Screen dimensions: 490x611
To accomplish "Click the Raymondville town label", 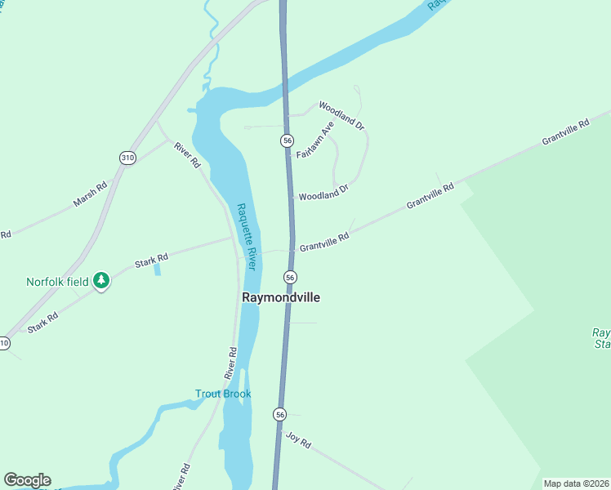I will coord(281,297).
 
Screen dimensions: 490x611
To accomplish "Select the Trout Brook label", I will coord(223,394).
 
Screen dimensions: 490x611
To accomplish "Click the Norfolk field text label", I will coord(57,282).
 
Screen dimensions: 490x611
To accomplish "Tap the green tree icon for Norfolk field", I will coord(100,281).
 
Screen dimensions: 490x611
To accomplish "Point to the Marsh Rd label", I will coord(90,194).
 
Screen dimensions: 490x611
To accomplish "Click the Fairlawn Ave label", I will coord(316,140).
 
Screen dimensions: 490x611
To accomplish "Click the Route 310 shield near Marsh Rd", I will coord(127,157).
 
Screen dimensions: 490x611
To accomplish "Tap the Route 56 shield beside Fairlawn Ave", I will coord(287,140).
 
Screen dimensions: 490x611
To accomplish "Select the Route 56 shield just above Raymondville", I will coord(290,277).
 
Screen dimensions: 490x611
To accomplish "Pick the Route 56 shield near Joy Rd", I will coord(280,415).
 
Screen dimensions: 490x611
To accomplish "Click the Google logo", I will coord(27,480).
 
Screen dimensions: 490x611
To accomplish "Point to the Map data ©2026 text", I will coord(575,483).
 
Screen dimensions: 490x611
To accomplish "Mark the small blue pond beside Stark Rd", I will coord(157,269).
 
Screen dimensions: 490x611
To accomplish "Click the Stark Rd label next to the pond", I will coord(145,262).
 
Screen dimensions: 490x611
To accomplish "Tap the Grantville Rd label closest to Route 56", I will coord(324,241).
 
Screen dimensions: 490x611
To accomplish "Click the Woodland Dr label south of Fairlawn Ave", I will coord(323,193).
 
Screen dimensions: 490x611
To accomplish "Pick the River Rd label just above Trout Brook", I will coord(232,360).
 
